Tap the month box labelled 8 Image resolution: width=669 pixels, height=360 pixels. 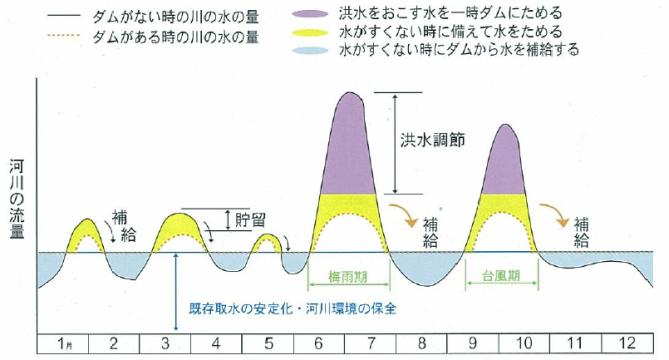click(x=422, y=344)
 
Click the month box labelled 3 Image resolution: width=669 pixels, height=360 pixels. click(x=164, y=344)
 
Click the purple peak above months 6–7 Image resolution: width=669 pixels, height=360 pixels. click(x=350, y=145)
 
